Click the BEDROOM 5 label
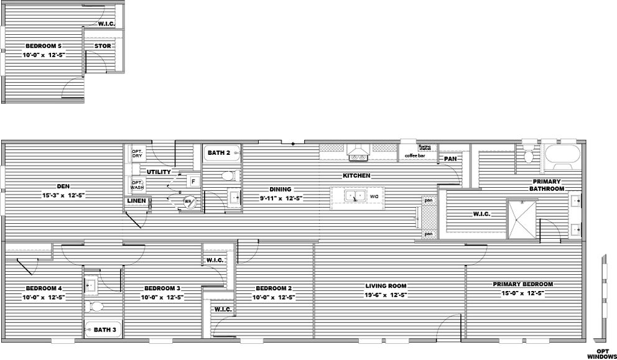point(44,46)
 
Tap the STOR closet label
point(103,46)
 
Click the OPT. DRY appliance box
point(137,154)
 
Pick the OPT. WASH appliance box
point(137,185)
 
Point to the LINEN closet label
point(136,201)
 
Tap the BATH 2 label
point(219,152)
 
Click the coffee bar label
point(414,155)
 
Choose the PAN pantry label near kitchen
point(450,159)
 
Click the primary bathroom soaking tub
point(562,154)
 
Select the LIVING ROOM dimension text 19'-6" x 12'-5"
point(385,295)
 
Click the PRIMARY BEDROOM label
point(522,284)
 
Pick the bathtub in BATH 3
point(103,330)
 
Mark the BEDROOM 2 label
point(274,288)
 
